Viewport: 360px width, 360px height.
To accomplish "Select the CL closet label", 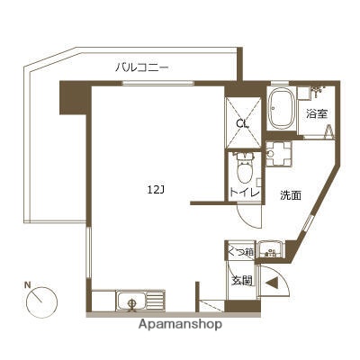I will [x=242, y=124].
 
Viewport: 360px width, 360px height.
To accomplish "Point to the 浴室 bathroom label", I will [x=315, y=114].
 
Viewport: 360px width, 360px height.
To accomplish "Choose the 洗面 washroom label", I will [x=289, y=194].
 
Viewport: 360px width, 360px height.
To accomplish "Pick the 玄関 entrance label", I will [x=238, y=281].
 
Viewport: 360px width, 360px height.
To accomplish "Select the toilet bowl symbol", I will [x=240, y=166].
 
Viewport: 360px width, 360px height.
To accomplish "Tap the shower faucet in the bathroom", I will [x=316, y=93].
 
